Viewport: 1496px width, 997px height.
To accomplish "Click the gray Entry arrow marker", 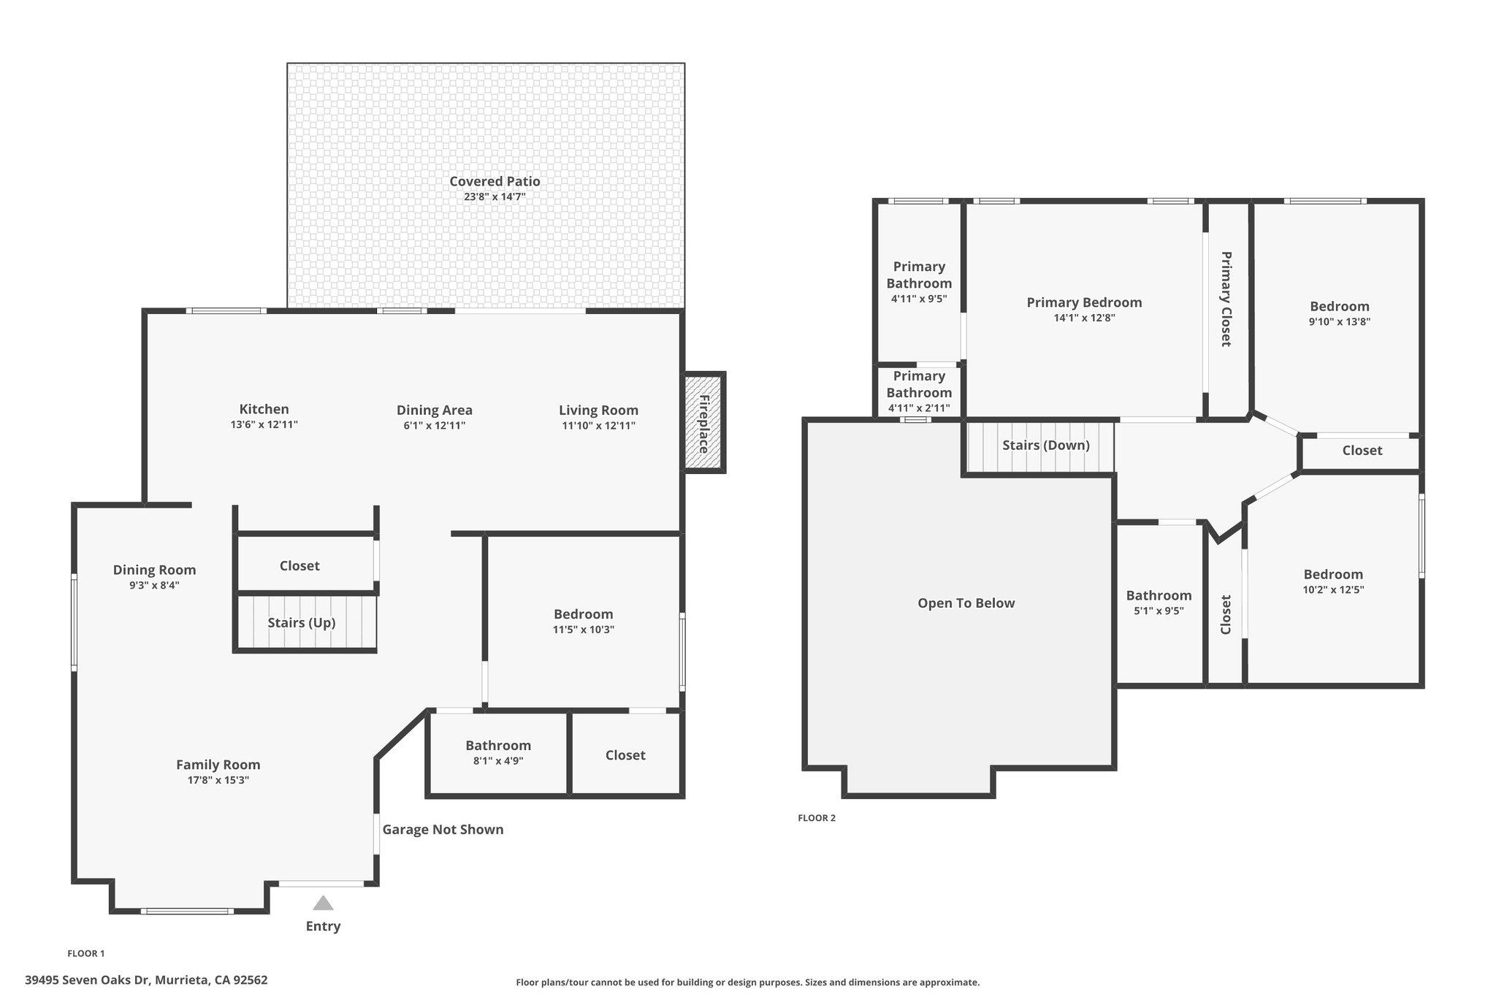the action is point(323,904).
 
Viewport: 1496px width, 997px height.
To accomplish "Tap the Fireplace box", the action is point(704,423).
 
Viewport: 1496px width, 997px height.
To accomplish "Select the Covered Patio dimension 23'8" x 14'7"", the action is point(495,196).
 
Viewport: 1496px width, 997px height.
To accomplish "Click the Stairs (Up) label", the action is point(302,622).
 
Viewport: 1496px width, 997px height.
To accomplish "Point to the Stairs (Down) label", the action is point(1046,445).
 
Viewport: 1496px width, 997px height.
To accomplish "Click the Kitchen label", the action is point(264,409).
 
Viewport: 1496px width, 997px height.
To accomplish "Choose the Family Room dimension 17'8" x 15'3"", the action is point(218,780).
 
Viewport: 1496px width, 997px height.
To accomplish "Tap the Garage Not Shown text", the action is point(443,829).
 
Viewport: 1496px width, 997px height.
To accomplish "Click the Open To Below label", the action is point(966,603).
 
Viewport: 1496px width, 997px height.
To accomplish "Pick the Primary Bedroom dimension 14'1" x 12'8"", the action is point(1084,318).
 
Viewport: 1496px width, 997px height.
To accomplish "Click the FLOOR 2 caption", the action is point(817,817).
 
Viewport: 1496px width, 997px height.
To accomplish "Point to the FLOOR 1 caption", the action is point(86,953).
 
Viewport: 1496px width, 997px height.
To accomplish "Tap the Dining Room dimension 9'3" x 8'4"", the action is point(154,585).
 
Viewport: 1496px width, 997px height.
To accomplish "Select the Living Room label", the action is point(598,410).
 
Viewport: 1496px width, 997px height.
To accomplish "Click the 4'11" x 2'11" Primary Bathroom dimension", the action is point(919,408).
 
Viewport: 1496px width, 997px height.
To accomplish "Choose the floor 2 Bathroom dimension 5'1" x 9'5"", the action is point(1159,611).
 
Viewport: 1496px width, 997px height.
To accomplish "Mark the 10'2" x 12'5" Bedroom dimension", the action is point(1333,589).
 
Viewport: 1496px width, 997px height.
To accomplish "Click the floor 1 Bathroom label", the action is point(498,745).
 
